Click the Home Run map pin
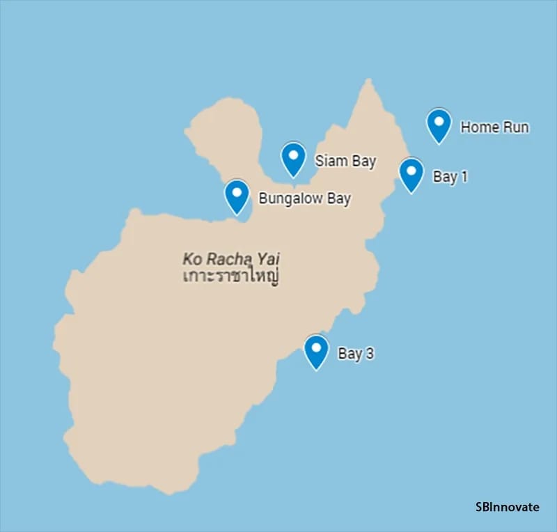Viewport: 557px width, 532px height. tap(439, 125)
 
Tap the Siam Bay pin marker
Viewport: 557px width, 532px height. tap(293, 158)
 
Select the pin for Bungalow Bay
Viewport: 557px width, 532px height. tap(237, 196)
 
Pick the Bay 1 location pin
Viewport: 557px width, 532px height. tap(411, 173)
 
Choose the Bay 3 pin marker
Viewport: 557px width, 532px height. tap(317, 351)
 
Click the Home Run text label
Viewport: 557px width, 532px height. tap(494, 127)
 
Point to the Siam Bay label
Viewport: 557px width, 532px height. tap(345, 161)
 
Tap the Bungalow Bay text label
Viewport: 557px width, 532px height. tap(304, 198)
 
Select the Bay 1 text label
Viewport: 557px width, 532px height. tap(450, 177)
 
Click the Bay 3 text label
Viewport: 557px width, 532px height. tap(356, 354)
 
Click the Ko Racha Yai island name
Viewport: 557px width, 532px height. tap(231, 259)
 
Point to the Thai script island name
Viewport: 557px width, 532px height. tap(230, 276)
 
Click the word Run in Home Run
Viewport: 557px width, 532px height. tap(515, 127)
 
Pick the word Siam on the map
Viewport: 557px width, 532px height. tap(329, 161)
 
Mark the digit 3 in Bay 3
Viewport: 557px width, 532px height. tap(370, 354)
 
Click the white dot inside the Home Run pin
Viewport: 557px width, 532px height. tap(439, 120)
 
